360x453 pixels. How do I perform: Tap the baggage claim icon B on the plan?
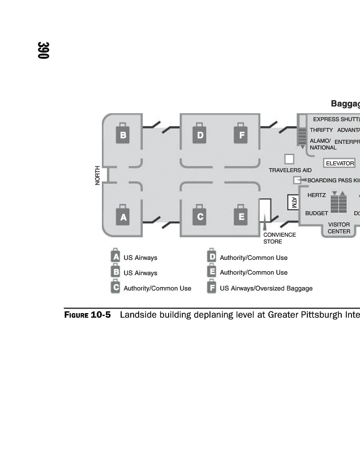123,135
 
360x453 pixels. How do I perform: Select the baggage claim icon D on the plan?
200,135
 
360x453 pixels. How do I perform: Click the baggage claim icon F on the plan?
242,135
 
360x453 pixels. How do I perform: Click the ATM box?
293,202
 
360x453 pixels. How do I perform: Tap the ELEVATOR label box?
340,164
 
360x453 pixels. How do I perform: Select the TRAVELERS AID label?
290,170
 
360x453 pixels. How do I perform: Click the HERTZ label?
316,195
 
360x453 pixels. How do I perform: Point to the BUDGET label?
316,213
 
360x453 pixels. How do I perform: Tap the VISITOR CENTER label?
339,228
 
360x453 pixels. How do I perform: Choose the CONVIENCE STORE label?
279,238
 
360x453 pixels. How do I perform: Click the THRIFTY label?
321,130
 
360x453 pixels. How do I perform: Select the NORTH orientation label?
97,175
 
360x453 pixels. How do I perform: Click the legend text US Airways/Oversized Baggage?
266,288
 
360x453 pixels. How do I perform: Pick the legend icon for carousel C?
116,287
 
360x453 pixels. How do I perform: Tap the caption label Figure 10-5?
87,315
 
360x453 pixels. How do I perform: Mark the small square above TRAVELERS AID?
289,159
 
